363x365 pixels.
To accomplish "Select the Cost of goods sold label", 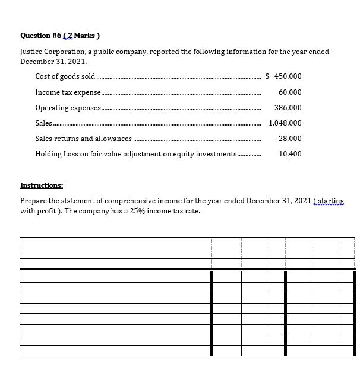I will click(65, 76).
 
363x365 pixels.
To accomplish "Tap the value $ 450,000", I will click(283, 76).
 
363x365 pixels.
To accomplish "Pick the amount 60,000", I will click(289, 92).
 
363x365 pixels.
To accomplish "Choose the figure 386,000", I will click(288, 108).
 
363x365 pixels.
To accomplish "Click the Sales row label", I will click(44, 123).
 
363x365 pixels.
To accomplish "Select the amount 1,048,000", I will click(285, 123).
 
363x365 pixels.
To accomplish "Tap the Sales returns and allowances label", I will click(84, 139).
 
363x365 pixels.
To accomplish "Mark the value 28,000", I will click(289, 139).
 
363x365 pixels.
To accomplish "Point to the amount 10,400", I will click(289, 154).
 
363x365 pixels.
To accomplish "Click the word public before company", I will click(100, 52).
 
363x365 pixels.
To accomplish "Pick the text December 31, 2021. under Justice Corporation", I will click(53, 61).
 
